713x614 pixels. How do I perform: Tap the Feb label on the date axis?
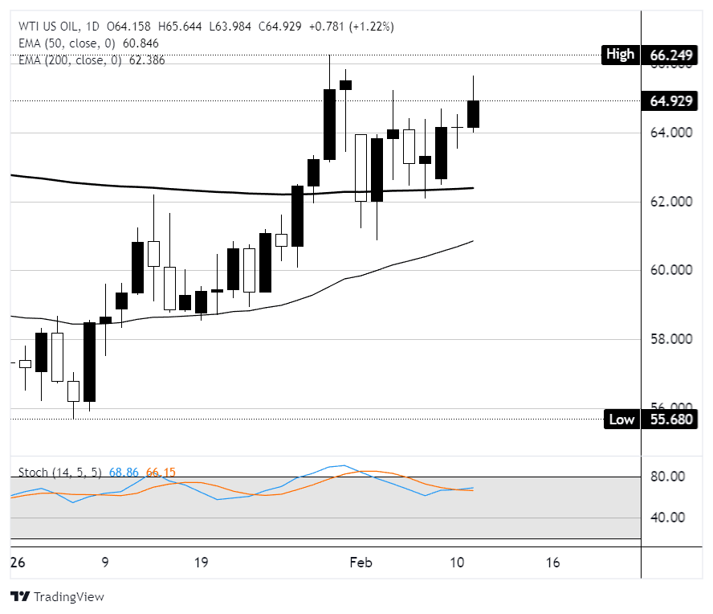[361, 563]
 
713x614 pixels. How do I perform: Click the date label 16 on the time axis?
[552, 563]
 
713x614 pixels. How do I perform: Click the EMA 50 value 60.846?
[141, 43]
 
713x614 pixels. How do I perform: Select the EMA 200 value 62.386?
[145, 59]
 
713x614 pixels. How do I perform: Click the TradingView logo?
[57, 597]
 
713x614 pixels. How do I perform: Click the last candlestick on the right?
[474, 113]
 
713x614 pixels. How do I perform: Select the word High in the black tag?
[619, 55]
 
